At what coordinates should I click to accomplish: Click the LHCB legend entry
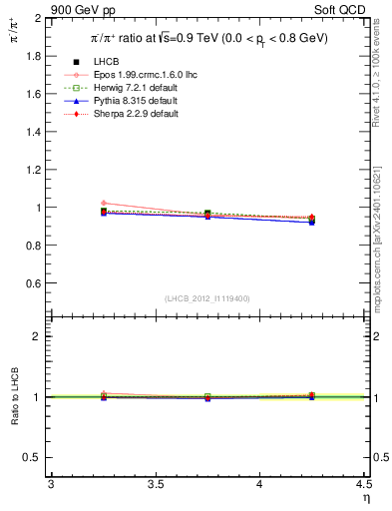tap(105, 63)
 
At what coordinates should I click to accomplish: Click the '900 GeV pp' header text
tap(81, 8)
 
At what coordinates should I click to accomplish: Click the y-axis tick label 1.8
tap(34, 56)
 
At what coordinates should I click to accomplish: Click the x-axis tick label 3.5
tap(156, 484)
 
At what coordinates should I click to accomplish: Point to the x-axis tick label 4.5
tap(363, 484)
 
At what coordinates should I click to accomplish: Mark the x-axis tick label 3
tap(51, 484)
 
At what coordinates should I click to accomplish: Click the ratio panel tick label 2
tap(39, 336)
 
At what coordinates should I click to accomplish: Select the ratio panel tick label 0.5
tap(34, 457)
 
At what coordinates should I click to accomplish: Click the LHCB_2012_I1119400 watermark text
tap(206, 298)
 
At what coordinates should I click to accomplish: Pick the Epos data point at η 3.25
tap(104, 203)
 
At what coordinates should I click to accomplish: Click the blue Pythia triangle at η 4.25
tap(312, 222)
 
